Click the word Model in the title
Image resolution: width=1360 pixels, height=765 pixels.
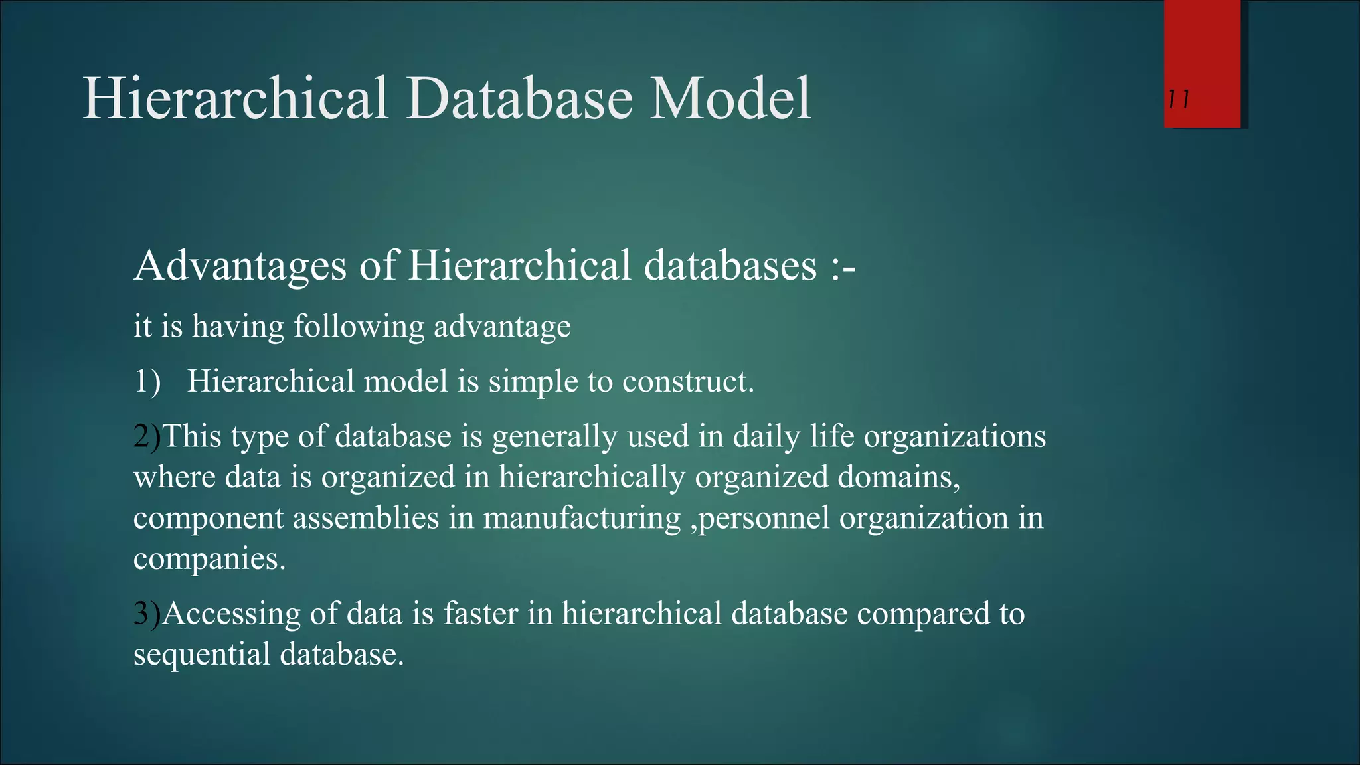730,98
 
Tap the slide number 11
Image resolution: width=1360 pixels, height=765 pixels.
1179,100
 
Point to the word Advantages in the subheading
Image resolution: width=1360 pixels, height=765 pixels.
240,266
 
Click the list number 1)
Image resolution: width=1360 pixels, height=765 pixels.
147,382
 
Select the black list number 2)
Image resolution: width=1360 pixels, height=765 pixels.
147,437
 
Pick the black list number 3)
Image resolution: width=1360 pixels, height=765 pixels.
147,614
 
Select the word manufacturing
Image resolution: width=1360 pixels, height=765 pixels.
582,519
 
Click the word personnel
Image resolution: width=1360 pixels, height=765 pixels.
764,519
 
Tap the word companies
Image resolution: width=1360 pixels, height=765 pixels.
209,560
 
